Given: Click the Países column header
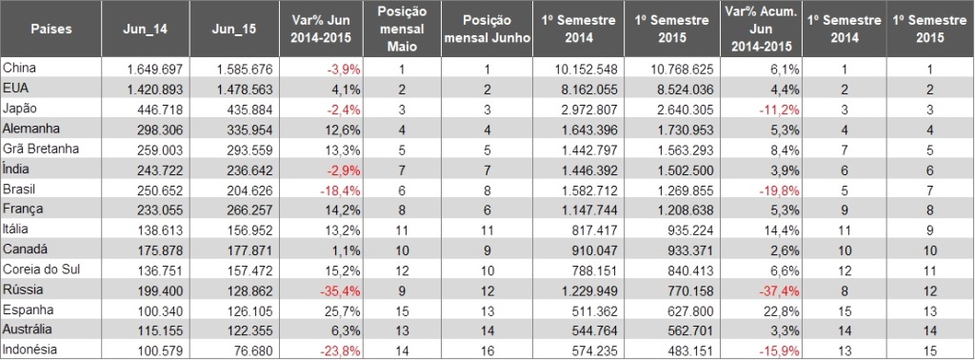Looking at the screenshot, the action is pos(51,30).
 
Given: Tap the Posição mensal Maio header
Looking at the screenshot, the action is pos(403,30).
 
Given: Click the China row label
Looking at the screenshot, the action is pos(19,69).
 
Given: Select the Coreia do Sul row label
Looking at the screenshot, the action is pos(42,270).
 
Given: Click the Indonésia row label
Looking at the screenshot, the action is pos(30,350).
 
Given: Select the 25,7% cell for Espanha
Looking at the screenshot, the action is pos(345,310).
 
